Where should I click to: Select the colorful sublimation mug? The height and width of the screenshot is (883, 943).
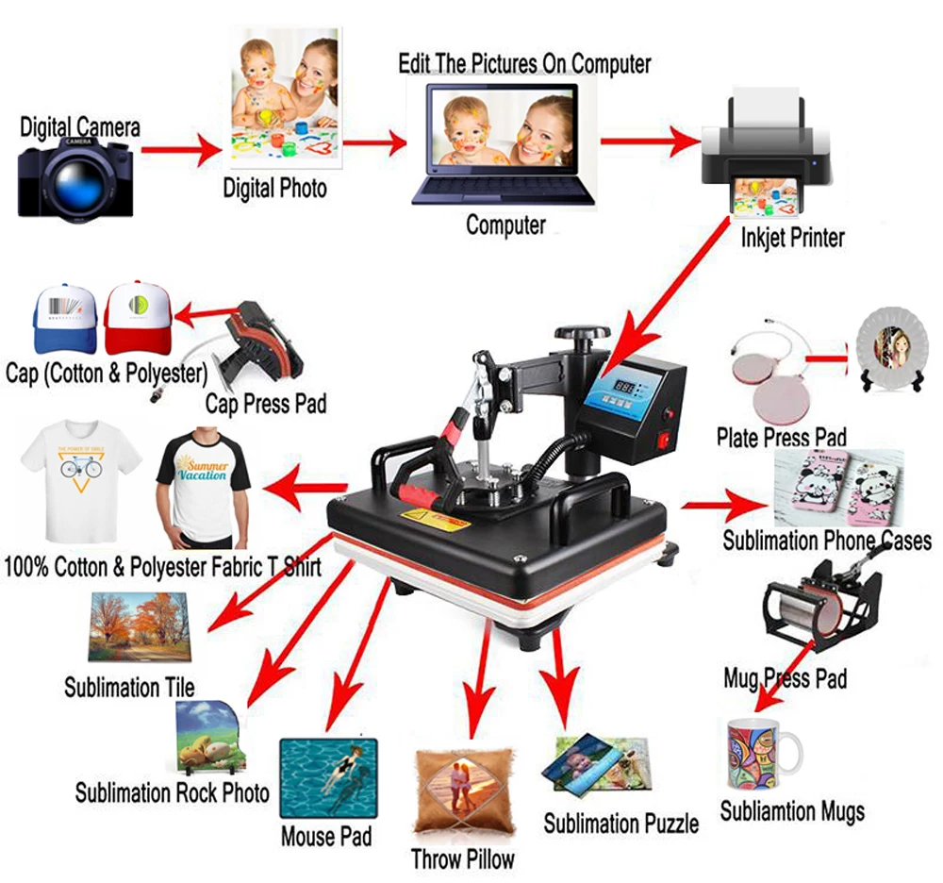pyautogui.click(x=762, y=755)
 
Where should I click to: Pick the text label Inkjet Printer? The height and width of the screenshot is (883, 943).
pyautogui.click(x=792, y=237)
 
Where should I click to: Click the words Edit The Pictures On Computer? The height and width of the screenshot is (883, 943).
pyautogui.click(x=524, y=64)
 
